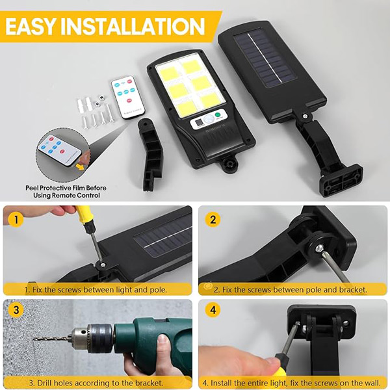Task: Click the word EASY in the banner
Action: [30, 27]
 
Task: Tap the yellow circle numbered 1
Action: [16, 220]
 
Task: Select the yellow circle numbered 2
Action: [213, 220]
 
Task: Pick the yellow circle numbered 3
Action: [16, 310]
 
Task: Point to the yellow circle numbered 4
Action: [213, 310]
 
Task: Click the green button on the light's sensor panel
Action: [218, 115]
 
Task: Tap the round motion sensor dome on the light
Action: [209, 120]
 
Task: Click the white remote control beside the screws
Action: [128, 97]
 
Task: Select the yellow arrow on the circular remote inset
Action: [80, 166]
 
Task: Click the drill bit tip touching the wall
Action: [34, 339]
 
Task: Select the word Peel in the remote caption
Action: [32, 188]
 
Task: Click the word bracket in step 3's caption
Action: [149, 383]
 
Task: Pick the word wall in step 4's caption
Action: [374, 383]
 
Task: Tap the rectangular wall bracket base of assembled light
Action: [341, 181]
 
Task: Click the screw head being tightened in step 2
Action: [320, 248]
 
